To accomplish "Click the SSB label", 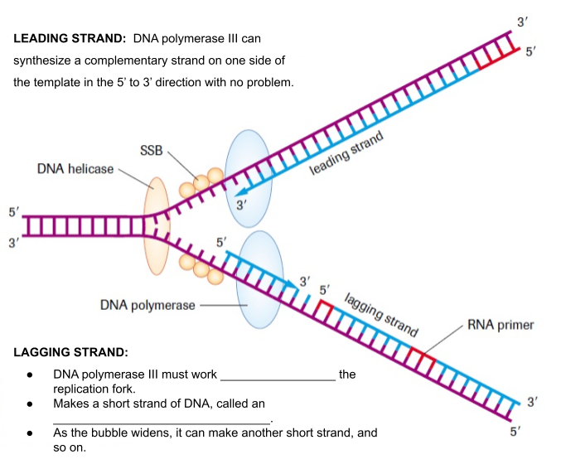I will point(152,150).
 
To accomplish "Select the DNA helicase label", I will point(75,169).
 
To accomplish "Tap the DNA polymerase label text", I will point(148,305).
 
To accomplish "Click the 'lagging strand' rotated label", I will point(380,313).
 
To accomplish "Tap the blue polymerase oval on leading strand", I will point(248,177).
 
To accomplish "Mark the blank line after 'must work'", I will point(278,378).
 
